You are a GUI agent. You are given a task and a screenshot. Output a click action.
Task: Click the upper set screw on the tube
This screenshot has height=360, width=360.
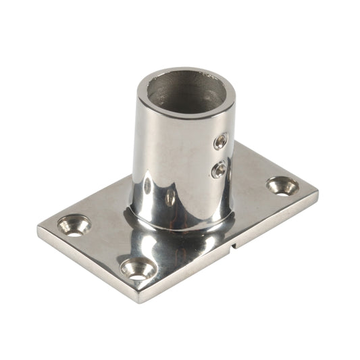pos(220,141)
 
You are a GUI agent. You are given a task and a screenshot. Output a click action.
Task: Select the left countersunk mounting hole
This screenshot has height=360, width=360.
pos(74,226)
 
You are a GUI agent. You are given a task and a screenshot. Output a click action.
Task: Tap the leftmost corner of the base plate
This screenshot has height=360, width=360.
pos(38,230)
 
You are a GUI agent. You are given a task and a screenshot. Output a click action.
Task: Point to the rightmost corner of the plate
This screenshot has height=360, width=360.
pos(317,192)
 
